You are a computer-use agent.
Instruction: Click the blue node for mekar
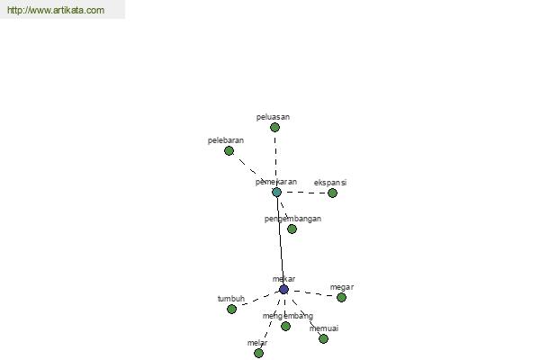click(283, 290)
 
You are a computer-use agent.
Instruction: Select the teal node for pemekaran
click(277, 193)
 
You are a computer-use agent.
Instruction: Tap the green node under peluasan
click(274, 128)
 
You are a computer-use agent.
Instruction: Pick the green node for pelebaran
click(229, 151)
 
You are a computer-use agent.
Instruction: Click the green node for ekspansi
click(332, 193)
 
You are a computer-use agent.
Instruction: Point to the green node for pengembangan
click(292, 229)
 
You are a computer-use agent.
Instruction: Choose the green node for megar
click(342, 297)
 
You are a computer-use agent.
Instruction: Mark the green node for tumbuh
click(232, 309)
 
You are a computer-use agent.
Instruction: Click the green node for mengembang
click(285, 326)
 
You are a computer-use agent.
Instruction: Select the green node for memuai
click(323, 339)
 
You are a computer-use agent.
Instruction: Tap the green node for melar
click(258, 353)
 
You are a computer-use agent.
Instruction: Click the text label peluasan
click(273, 117)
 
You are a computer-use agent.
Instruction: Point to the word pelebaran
click(226, 140)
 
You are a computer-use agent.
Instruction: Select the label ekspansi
click(330, 183)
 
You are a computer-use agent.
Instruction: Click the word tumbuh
click(231, 299)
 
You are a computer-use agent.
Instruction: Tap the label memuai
click(324, 328)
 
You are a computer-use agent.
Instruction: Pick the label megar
click(342, 287)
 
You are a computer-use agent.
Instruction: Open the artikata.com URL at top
click(56, 10)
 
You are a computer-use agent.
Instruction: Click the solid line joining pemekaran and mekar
click(280, 241)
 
